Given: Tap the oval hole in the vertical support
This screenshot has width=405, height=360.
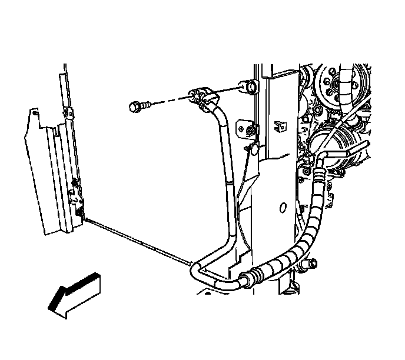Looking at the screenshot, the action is pos(282,208).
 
